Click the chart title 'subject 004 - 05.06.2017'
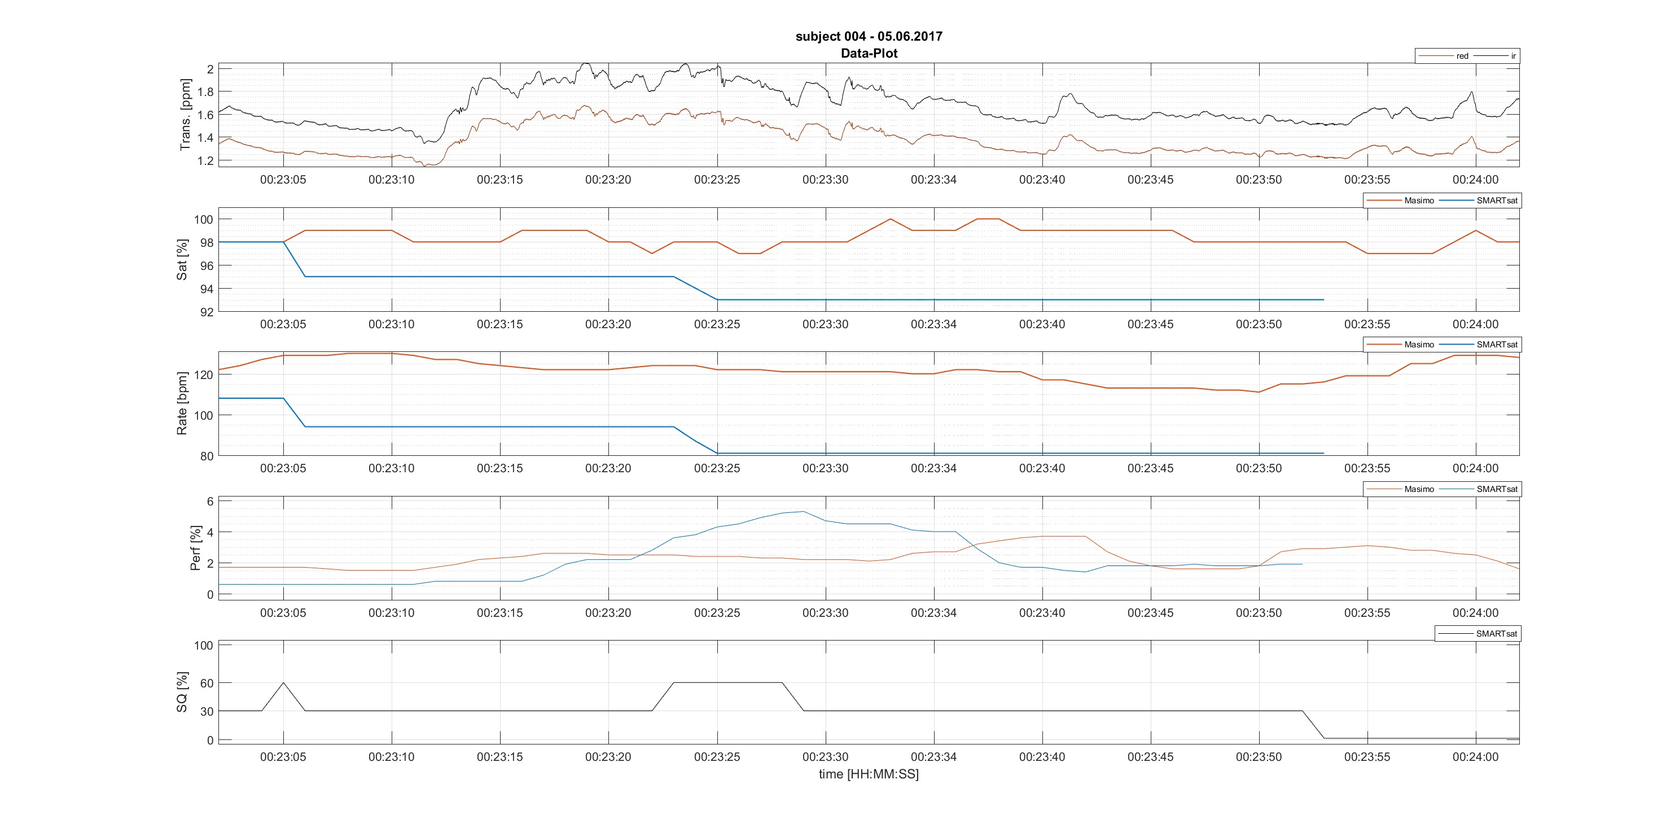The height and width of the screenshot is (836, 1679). (x=869, y=37)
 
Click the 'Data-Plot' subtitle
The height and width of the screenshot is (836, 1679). (x=869, y=54)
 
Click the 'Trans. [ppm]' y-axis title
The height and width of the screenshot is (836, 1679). (x=186, y=115)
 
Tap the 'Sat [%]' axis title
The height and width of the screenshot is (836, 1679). (x=182, y=259)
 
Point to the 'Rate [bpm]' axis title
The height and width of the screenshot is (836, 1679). (x=182, y=404)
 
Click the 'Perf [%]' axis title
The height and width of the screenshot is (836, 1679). (x=195, y=548)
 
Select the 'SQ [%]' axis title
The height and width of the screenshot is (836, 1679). (x=182, y=693)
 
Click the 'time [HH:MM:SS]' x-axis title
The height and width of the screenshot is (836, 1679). (x=869, y=774)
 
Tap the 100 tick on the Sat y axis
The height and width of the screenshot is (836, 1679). (x=203, y=220)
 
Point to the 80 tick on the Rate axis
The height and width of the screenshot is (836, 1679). (x=207, y=456)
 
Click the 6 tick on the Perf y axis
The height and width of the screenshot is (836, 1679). (x=210, y=502)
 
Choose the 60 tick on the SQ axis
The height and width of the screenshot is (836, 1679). (x=207, y=683)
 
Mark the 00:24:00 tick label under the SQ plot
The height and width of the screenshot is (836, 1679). (x=1475, y=757)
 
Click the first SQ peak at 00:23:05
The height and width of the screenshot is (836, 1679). (x=283, y=683)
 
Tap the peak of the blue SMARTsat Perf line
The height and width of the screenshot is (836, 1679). (x=804, y=511)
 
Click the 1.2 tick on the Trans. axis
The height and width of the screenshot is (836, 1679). (x=205, y=161)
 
